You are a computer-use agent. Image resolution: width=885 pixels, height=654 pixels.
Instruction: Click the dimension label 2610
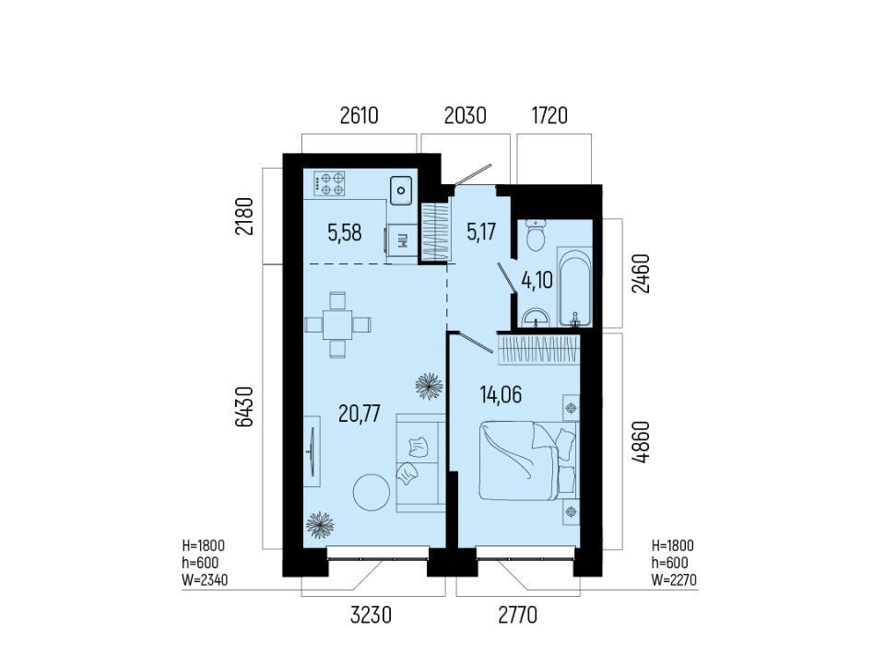[359, 115]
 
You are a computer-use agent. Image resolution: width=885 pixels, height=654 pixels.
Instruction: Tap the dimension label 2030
[465, 115]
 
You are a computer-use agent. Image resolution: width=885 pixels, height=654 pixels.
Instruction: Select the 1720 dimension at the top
[549, 115]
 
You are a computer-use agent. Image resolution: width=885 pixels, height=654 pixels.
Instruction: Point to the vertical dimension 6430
[243, 407]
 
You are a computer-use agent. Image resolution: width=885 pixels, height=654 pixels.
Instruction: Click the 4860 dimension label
[642, 442]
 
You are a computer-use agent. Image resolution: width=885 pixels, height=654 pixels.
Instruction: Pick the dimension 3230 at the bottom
[371, 615]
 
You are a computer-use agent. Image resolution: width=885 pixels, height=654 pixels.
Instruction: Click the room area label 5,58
[344, 232]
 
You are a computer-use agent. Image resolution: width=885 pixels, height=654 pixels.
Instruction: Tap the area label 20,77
[360, 415]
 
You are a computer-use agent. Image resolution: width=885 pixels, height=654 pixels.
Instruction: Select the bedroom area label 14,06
[501, 394]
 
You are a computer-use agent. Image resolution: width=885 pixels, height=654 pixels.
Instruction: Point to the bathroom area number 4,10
[537, 280]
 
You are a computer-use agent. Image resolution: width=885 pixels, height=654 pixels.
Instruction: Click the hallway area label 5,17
[481, 232]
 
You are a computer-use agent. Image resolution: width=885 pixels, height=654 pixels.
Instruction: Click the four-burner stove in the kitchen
[330, 184]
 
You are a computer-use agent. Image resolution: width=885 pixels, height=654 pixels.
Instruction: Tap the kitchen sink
[401, 190]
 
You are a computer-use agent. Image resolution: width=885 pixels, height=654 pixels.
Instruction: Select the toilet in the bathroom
[535, 235]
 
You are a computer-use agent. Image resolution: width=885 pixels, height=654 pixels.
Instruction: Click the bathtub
[575, 286]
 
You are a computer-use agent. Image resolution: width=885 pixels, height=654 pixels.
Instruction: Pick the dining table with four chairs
[337, 324]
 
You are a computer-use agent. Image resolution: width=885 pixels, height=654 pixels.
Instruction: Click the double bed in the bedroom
[527, 461]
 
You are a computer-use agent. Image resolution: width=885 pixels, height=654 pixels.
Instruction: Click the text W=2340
[205, 579]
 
